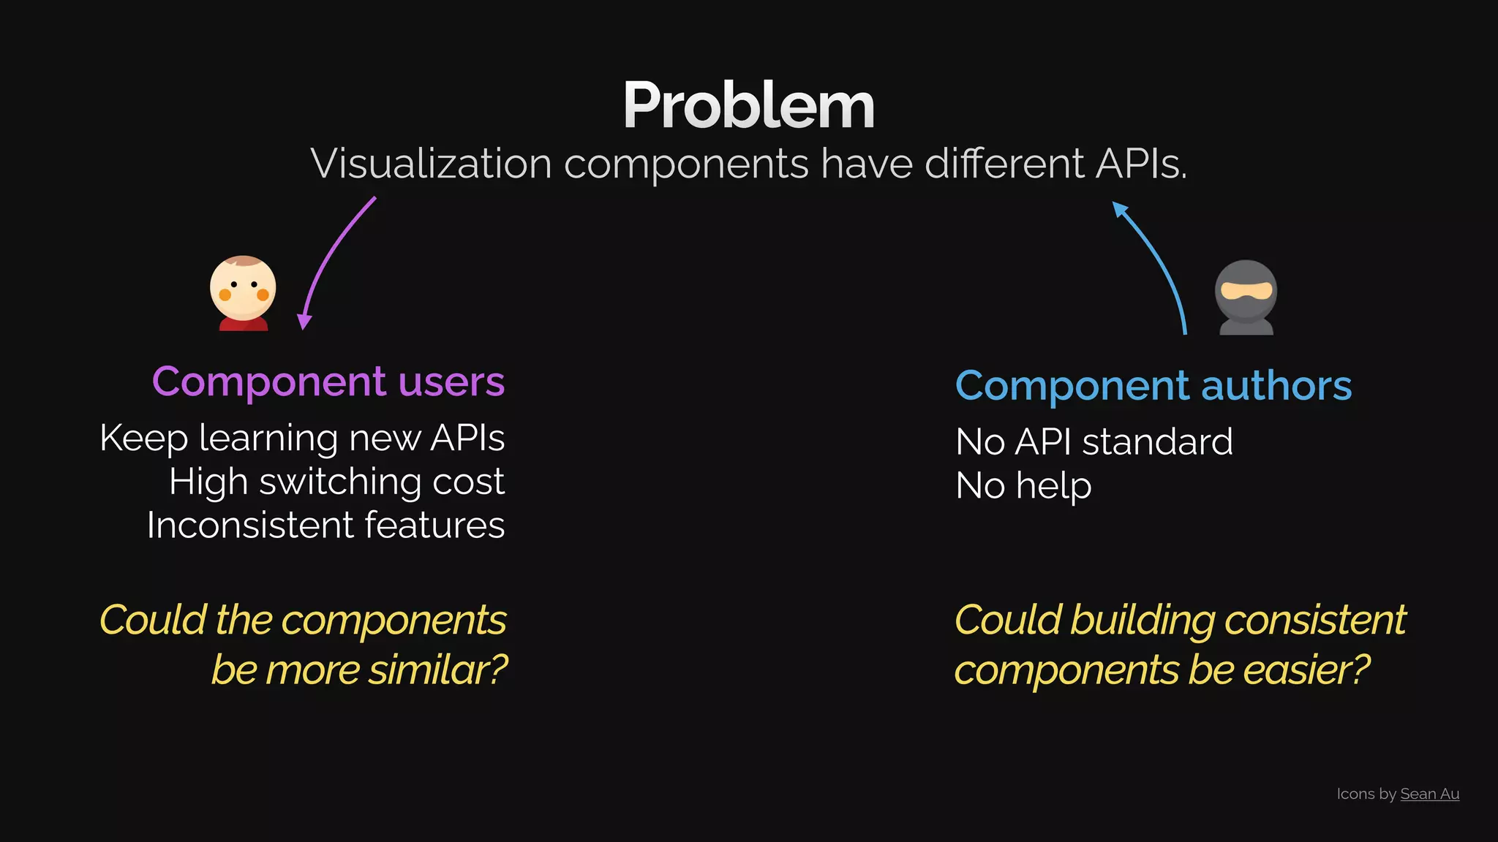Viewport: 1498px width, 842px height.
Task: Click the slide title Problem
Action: coord(748,106)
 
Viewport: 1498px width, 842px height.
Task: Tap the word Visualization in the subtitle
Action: coord(431,164)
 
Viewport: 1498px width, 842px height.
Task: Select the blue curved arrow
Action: coord(1159,264)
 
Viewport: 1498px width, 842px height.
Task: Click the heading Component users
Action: coord(328,382)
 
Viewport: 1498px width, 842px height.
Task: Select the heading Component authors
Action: coord(1153,386)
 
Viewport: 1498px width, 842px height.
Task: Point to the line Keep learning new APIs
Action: coord(302,439)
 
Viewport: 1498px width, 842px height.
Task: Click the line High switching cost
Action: coord(336,482)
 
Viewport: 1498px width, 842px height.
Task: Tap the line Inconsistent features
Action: coord(325,526)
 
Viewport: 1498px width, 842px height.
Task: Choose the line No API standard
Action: coord(1094,442)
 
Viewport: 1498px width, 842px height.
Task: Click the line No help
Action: coord(1023,486)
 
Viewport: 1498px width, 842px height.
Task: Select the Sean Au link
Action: coord(1429,794)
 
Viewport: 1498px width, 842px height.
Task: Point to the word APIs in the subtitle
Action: coord(1140,164)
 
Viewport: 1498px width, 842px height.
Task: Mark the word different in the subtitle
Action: coord(1004,164)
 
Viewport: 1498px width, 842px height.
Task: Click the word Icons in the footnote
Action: coord(1354,794)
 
